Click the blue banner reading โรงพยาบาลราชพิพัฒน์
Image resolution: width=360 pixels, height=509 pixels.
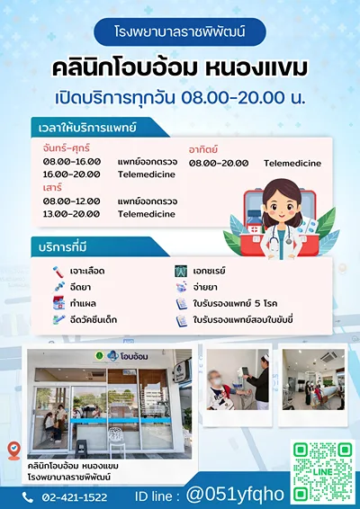[180, 31]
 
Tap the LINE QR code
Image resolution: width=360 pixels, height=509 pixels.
[322, 472]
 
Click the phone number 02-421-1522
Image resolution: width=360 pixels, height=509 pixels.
[75, 497]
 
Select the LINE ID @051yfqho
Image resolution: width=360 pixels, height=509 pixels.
[235, 495]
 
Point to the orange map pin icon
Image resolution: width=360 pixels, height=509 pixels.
[14, 451]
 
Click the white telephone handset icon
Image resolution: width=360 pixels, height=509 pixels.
[28, 497]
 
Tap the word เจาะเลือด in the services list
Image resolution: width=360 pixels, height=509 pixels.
[87, 271]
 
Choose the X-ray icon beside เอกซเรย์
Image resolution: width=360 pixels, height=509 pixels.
[181, 271]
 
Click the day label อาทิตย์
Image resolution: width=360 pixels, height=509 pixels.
[203, 149]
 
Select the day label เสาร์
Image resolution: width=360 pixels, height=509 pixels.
[52, 187]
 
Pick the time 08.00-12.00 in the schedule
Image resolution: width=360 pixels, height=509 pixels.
[71, 201]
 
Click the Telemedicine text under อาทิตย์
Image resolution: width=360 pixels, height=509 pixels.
[292, 164]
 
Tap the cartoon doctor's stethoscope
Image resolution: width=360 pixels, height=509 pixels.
[282, 237]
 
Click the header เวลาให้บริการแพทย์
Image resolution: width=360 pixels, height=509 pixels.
[87, 128]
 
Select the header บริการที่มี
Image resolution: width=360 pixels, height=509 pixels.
[63, 247]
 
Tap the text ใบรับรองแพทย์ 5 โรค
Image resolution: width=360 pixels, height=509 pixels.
[235, 304]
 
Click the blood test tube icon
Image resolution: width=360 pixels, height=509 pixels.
[58, 272]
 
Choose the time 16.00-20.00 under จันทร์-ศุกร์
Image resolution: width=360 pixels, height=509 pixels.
[71, 174]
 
